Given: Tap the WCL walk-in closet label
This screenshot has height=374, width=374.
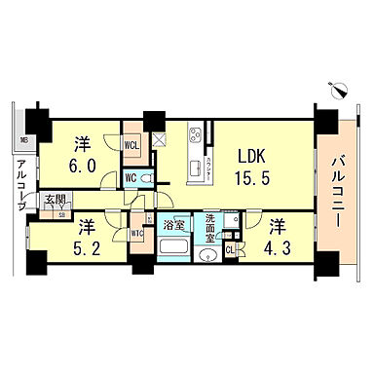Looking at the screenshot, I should coord(131,147).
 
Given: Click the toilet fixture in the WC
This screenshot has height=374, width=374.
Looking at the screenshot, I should coord(145,178).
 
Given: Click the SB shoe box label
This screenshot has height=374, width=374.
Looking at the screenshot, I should coord(60,213).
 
